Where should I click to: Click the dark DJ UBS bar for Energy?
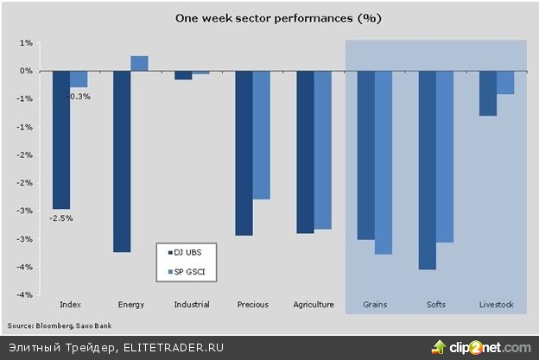click(x=122, y=161)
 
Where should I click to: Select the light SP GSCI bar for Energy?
click(x=139, y=63)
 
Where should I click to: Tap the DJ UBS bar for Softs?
click(x=427, y=170)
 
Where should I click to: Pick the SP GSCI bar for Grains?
click(x=384, y=162)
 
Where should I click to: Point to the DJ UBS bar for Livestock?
click(x=487, y=93)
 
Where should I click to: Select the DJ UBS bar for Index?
click(x=61, y=140)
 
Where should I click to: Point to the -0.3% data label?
click(x=79, y=97)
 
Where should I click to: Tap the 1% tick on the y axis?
click(x=27, y=42)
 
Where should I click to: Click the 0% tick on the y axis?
click(x=27, y=71)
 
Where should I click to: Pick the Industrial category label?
click(x=192, y=305)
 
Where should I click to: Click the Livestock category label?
click(x=496, y=305)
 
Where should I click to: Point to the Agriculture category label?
click(x=314, y=305)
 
